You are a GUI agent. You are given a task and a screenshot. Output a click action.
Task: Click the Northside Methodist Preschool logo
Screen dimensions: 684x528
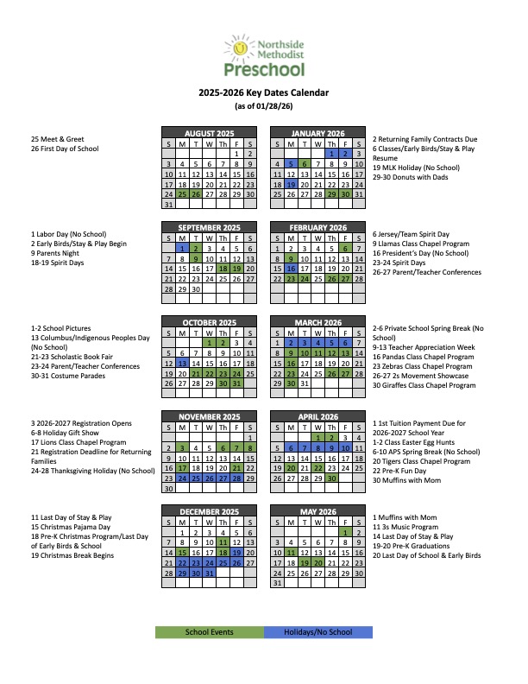(x=263, y=54)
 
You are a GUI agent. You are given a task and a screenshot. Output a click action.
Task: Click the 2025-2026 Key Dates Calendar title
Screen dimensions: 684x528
(x=263, y=93)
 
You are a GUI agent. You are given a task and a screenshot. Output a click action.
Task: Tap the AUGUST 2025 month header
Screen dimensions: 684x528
(x=210, y=134)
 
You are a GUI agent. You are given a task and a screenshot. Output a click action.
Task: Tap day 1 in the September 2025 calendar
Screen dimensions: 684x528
(x=182, y=248)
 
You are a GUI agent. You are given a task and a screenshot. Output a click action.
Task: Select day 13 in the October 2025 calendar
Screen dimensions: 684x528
(x=182, y=364)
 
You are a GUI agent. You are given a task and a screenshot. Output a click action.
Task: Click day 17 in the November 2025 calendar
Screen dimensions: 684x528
(x=182, y=468)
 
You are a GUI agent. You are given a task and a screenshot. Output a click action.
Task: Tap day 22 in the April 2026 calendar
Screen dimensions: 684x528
(x=318, y=468)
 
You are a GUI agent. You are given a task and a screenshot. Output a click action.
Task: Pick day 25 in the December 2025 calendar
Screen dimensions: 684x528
(x=223, y=562)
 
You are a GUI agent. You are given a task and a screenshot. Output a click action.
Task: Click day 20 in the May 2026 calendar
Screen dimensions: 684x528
(x=318, y=562)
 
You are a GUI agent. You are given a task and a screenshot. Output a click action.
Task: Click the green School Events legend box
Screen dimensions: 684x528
(x=209, y=632)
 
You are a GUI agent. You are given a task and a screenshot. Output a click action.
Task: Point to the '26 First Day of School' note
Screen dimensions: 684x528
(x=65, y=149)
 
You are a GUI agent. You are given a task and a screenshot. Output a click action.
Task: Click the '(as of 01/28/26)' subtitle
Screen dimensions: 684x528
(x=263, y=106)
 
